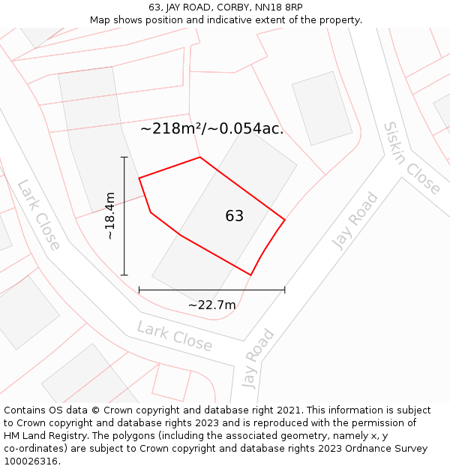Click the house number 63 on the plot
[234, 216]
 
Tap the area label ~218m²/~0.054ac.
[211, 128]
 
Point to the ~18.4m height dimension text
[109, 215]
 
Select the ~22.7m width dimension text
[211, 305]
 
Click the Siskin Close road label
[411, 158]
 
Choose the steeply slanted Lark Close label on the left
[38, 215]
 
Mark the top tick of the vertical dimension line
[124, 157]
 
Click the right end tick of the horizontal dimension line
[284, 290]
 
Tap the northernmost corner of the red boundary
[200, 157]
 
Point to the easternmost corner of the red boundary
[285, 220]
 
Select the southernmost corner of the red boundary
[250, 275]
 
